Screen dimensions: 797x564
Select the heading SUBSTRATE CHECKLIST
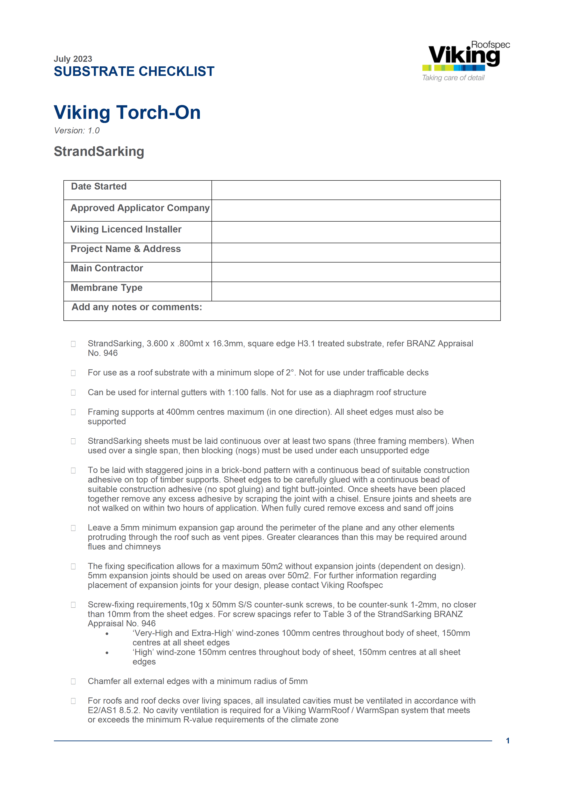(x=134, y=72)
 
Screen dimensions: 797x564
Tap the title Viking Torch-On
(x=127, y=112)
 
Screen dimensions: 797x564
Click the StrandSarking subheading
(x=99, y=151)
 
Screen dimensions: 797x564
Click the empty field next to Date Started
(x=356, y=190)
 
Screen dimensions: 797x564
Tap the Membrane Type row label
(x=106, y=287)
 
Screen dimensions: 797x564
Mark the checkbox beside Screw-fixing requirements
(x=73, y=605)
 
